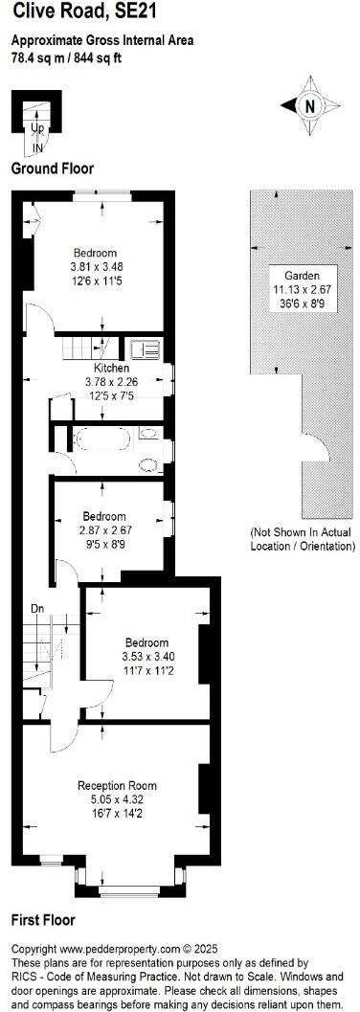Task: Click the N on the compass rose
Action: coord(309,106)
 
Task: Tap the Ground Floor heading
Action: coord(53,169)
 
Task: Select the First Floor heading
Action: coord(43,920)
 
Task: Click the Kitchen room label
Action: coord(111,368)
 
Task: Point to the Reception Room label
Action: coord(115,786)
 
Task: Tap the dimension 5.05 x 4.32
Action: coord(115,799)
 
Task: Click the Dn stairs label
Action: coord(37,607)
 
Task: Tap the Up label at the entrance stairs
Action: coord(37,127)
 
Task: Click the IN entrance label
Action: coord(37,149)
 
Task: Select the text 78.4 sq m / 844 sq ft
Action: coord(66,57)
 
